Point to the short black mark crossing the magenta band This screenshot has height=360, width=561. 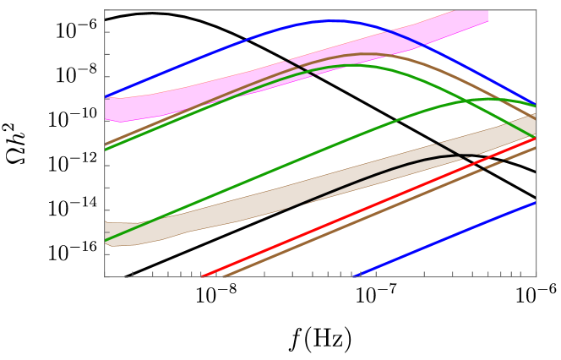(300, 68)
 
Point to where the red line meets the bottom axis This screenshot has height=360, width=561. (203, 276)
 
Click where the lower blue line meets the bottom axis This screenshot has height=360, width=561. (355, 276)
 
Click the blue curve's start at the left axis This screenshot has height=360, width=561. (106, 96)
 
